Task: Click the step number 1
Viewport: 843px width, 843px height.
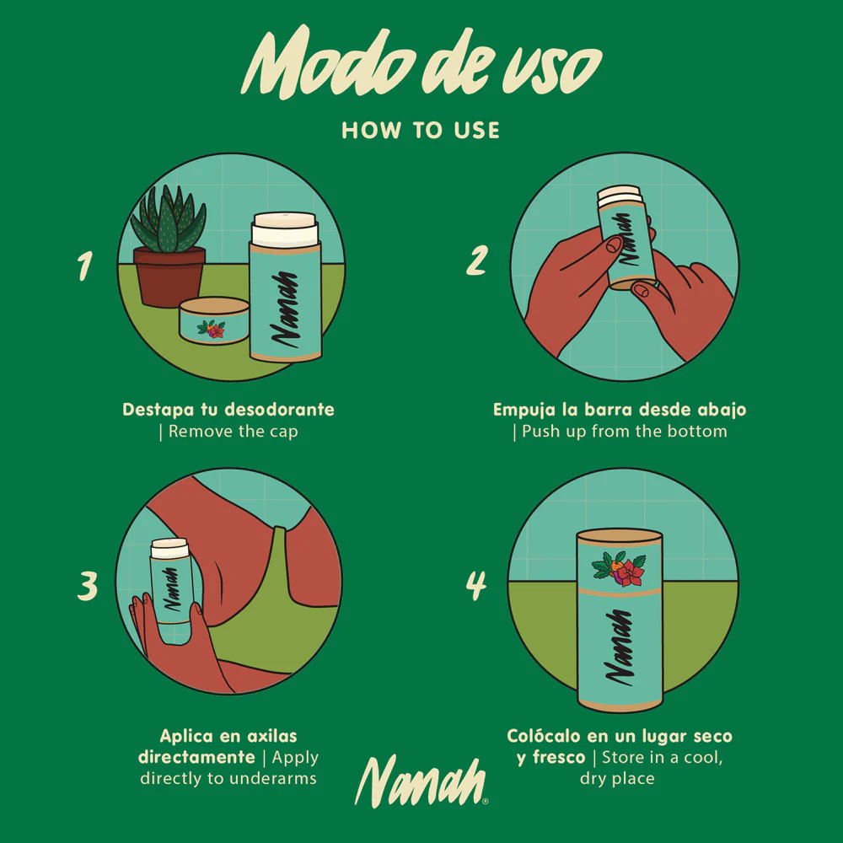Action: (x=85, y=266)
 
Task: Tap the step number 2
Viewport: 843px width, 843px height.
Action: (x=477, y=260)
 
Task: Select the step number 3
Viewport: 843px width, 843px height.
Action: (x=87, y=586)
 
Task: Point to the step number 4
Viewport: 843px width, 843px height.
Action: (x=476, y=586)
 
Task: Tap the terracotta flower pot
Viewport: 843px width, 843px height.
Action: (x=169, y=277)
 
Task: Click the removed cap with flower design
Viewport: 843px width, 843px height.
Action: (x=214, y=320)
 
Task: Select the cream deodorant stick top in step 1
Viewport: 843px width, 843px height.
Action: (x=284, y=228)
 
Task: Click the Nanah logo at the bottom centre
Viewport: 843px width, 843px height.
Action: (x=421, y=781)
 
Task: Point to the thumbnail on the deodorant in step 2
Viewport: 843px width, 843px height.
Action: (x=613, y=245)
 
